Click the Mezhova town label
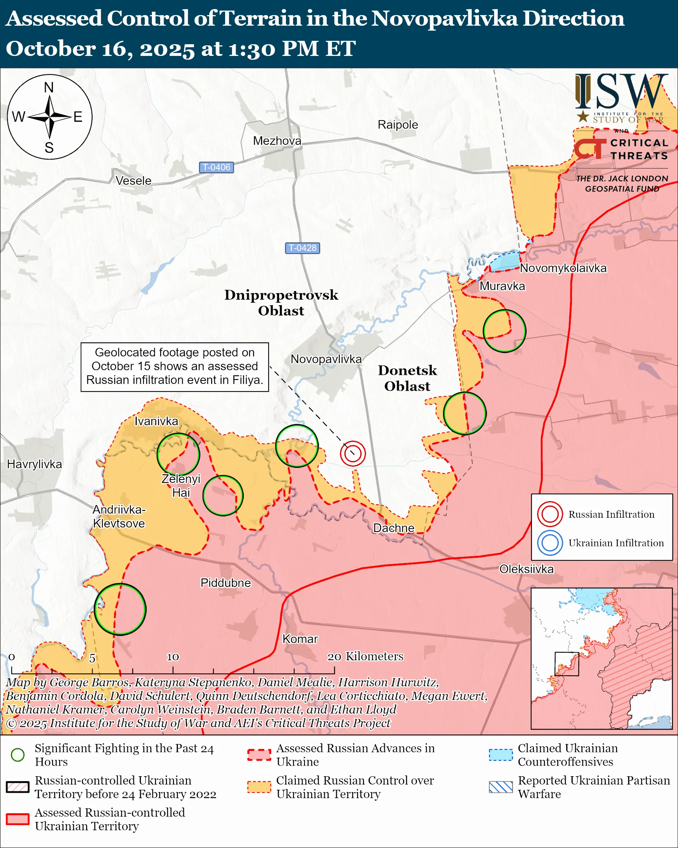coord(277,141)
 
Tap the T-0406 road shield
coord(216,167)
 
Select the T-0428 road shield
coord(302,248)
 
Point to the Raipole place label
coord(398,125)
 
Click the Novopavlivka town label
coord(326,359)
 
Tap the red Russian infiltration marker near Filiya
coord(352,453)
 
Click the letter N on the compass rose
coord(49,87)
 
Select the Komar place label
coord(300,639)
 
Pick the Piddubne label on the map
coord(225,582)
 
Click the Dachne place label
coord(394,528)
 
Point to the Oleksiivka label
coord(526,569)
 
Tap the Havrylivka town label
coord(35,464)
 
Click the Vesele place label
coord(133,181)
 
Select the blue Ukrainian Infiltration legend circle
coord(550,543)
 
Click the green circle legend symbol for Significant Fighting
coord(18,755)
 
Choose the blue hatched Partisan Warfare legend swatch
coord(501,787)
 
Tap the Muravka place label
coord(502,286)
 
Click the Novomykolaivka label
coord(563,268)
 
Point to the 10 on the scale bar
coord(173,657)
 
